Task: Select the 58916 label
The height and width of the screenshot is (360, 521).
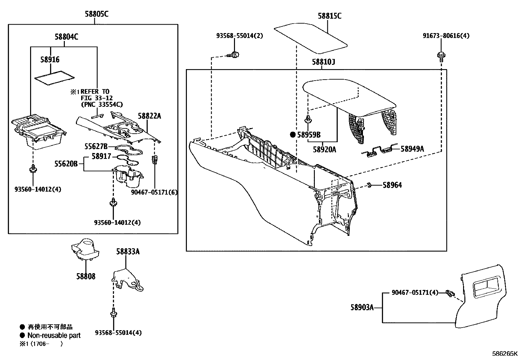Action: pyautogui.click(x=50, y=60)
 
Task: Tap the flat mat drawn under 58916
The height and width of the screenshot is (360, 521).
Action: pyautogui.click(x=54, y=79)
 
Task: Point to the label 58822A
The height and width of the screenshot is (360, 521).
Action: pyautogui.click(x=149, y=116)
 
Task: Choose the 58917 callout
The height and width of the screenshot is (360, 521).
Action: pyautogui.click(x=101, y=157)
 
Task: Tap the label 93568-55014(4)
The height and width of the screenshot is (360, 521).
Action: pyautogui.click(x=118, y=333)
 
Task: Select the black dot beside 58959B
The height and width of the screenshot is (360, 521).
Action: pyautogui.click(x=293, y=135)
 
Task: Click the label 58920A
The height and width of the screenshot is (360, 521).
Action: pyautogui.click(x=324, y=150)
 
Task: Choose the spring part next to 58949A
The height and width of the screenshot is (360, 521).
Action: pyautogui.click(x=380, y=151)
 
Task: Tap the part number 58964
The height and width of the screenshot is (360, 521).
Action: pyautogui.click(x=392, y=185)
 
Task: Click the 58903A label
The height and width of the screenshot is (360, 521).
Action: pyautogui.click(x=362, y=308)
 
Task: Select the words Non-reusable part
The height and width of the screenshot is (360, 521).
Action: pyautogui.click(x=54, y=335)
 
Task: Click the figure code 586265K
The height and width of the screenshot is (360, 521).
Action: pyautogui.click(x=505, y=354)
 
